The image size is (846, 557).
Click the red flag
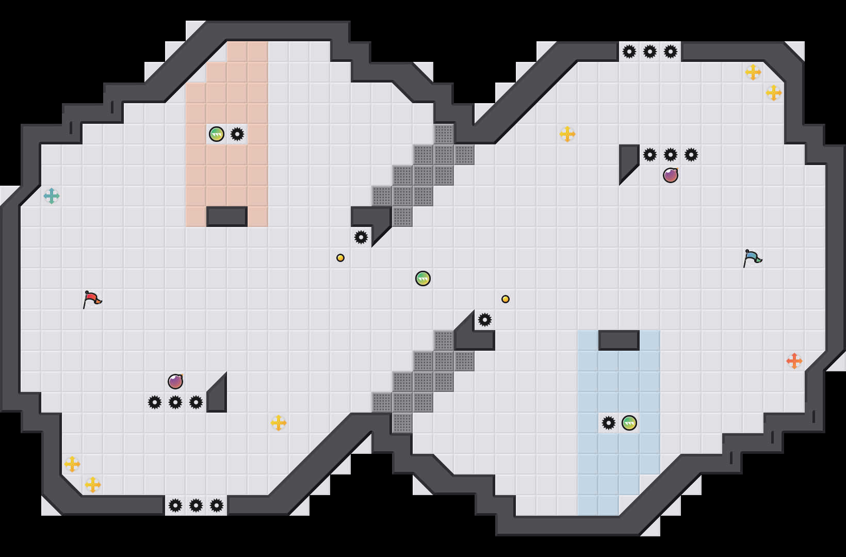point(92,299)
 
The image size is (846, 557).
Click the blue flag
point(752,258)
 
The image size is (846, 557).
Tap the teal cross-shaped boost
point(52,196)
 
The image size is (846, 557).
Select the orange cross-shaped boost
point(794,361)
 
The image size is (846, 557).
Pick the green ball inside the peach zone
point(217,134)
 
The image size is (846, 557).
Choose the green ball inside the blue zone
point(629,423)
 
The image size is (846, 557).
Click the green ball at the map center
point(423,278)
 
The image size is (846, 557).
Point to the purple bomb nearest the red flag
point(175,382)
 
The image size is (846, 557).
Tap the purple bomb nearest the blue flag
point(671,175)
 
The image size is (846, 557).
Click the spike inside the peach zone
point(237,134)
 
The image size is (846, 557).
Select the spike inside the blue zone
point(609,423)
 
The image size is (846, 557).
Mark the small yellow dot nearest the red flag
point(340,258)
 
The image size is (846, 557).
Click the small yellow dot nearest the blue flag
point(506,299)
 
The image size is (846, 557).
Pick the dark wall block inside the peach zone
point(227,217)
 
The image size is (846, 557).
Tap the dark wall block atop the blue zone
point(619,340)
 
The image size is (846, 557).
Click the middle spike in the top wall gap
point(650,52)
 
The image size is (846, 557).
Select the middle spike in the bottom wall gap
point(196,505)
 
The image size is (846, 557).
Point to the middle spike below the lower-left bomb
point(175,402)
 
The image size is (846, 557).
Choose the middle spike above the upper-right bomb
point(671,155)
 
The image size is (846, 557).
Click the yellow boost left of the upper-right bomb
point(567,134)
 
